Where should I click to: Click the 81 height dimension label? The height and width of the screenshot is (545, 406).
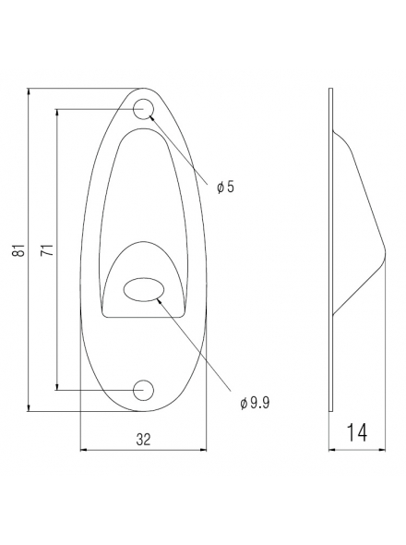click(21, 249)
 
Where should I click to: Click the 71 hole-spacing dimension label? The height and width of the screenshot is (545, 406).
click(49, 249)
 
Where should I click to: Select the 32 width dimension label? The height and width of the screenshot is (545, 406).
click(143, 440)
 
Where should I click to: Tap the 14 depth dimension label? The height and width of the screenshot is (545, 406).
click(357, 432)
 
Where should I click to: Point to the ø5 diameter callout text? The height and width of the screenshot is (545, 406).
click(226, 188)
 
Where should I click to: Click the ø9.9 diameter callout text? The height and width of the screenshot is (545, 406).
click(255, 403)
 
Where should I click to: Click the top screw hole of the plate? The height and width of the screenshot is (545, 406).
click(143, 109)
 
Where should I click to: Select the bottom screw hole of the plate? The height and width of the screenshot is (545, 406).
click(143, 390)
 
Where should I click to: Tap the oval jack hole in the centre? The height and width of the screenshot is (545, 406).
click(143, 289)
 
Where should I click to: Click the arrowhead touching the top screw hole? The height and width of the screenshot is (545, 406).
click(152, 118)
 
